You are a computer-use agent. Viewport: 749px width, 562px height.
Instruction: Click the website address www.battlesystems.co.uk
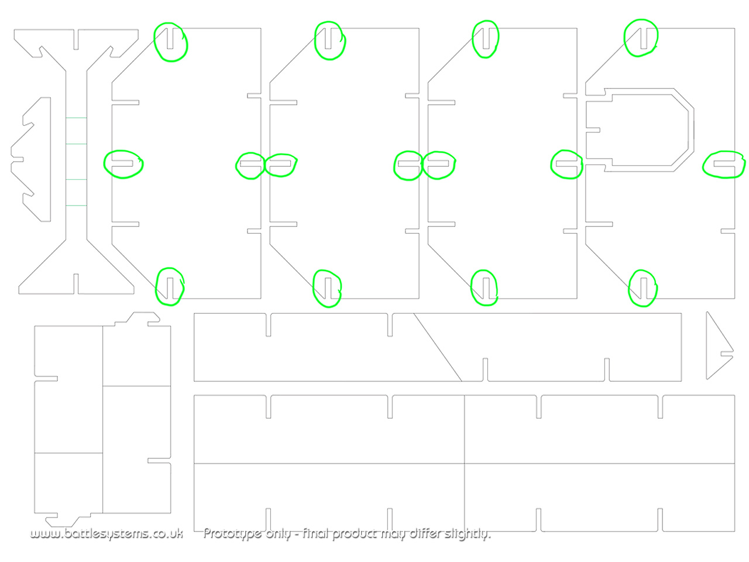click(106, 533)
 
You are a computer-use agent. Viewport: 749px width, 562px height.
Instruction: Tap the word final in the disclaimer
click(316, 533)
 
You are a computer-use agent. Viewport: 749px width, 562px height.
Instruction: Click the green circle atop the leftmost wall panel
click(171, 42)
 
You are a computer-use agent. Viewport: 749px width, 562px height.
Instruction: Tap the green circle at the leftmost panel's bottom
click(170, 286)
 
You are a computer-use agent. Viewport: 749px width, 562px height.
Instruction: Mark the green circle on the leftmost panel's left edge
click(123, 164)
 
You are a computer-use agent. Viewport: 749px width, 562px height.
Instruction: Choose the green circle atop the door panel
click(641, 38)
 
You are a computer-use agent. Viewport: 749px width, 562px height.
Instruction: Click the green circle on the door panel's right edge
click(724, 165)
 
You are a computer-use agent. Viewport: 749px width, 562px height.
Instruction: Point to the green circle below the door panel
click(643, 287)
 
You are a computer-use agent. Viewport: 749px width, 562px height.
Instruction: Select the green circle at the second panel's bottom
click(327, 287)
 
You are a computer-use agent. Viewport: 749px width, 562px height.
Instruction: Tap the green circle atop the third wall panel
click(486, 39)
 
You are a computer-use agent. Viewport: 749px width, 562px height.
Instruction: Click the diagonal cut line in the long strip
click(438, 347)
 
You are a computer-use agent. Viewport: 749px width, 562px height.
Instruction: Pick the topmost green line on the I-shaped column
click(76, 118)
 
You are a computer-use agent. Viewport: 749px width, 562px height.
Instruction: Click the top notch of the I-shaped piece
click(76, 40)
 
